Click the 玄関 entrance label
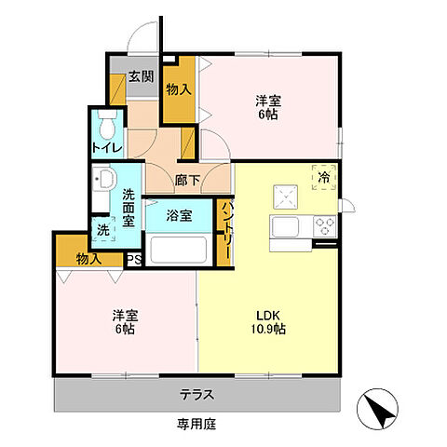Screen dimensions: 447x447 click(x=142, y=76)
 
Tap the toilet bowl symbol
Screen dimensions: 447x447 click(x=107, y=124)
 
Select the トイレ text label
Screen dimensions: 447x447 click(x=107, y=148)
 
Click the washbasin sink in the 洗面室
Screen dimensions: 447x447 click(x=104, y=180)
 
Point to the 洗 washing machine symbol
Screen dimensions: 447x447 click(x=103, y=229)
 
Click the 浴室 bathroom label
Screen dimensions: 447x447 click(x=179, y=215)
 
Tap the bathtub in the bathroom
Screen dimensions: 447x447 click(x=179, y=251)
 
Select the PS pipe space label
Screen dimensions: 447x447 click(x=134, y=259)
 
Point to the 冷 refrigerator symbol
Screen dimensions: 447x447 click(x=324, y=177)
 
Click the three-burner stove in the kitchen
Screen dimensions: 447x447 click(x=325, y=226)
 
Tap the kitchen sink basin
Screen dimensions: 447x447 click(x=285, y=227)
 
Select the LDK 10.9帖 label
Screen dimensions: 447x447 click(x=268, y=322)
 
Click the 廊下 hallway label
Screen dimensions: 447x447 click(x=187, y=181)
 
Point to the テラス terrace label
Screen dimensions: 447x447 click(x=197, y=395)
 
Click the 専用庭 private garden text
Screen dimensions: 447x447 click(x=196, y=424)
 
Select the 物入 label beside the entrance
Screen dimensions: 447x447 click(x=179, y=90)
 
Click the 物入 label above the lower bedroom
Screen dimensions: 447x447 click(x=88, y=259)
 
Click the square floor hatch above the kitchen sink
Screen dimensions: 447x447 click(x=286, y=196)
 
